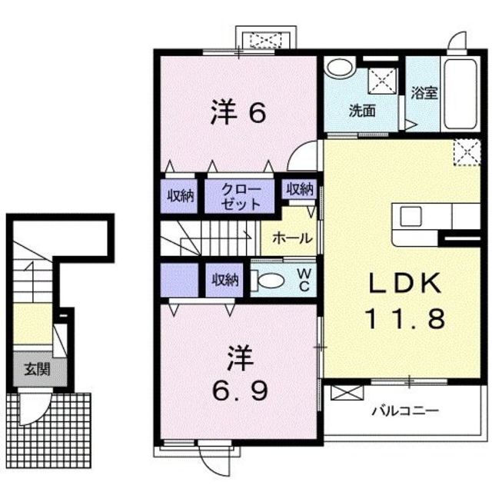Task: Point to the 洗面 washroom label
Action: (x=362, y=109)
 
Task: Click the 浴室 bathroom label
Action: (x=424, y=93)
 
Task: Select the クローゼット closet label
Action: (x=241, y=196)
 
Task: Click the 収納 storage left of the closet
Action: (x=181, y=196)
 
